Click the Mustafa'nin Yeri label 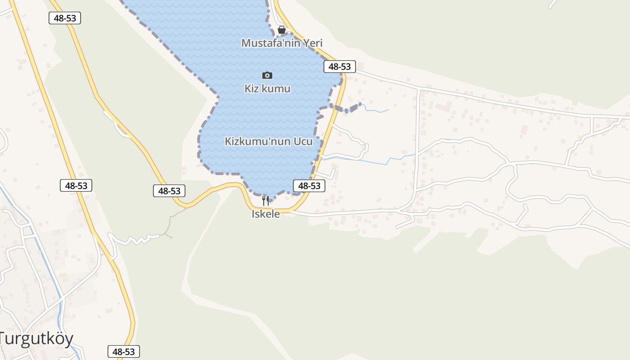pos(282,43)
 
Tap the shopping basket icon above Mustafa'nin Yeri pos(282,30)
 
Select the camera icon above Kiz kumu pos(267,75)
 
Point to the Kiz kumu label pos(267,89)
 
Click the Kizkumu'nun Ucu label pos(268,141)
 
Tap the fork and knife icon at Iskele pos(265,200)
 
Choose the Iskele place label pos(265,214)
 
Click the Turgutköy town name pos(36,339)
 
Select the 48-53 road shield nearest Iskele pos(309,185)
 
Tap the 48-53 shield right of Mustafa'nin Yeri pos(339,67)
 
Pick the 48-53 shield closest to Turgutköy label pos(123,351)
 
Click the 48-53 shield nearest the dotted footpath pos(169,191)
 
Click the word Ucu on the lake pos(303,141)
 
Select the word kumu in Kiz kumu pos(277,89)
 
